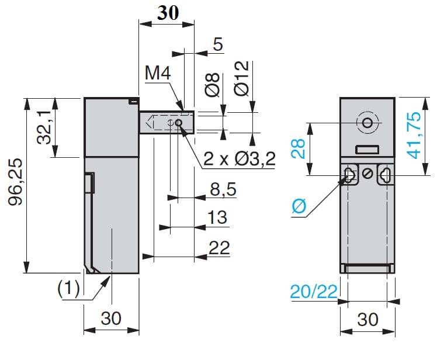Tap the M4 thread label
[x=158, y=74]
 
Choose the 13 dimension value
[x=217, y=217]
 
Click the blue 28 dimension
[x=298, y=149]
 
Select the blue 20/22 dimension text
[x=313, y=291]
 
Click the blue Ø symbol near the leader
[x=299, y=206]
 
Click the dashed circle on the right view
[x=367, y=123]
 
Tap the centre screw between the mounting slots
[x=367, y=174]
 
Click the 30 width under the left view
[x=111, y=318]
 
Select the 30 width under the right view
[x=367, y=319]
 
